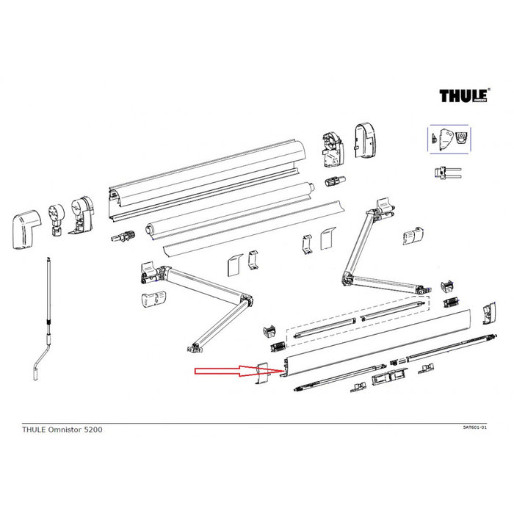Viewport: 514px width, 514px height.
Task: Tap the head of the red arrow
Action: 246,372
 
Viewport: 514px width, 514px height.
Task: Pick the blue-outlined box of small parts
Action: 449,138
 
